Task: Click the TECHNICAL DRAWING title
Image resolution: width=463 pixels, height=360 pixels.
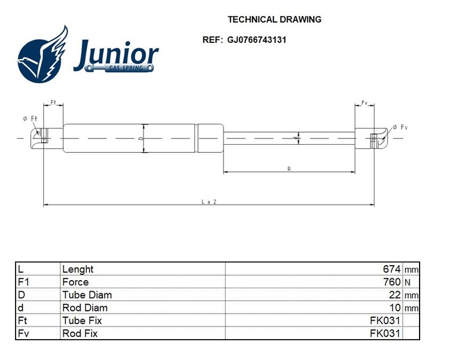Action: tap(274, 20)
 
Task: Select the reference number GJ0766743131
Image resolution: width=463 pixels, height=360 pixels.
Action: tap(256, 39)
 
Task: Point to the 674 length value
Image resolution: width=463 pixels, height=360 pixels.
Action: tap(392, 269)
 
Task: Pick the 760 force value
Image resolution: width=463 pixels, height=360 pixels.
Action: tap(392, 282)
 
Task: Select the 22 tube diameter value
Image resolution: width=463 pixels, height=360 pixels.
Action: tap(395, 295)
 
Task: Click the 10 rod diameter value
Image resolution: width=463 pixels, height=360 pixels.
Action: tap(395, 307)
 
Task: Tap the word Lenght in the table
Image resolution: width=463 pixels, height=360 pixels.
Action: tap(78, 269)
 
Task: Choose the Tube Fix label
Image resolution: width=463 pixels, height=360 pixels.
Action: tap(82, 321)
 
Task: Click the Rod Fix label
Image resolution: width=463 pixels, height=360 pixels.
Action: tap(80, 333)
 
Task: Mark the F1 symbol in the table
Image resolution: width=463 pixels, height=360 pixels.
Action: tap(23, 282)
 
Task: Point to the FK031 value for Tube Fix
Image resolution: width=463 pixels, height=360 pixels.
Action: tap(385, 321)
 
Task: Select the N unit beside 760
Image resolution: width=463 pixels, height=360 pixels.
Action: tap(407, 282)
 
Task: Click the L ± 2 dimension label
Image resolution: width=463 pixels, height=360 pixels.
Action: tap(209, 202)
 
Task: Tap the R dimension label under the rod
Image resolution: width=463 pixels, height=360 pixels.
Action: tap(289, 169)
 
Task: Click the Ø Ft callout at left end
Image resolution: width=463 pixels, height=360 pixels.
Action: tap(30, 119)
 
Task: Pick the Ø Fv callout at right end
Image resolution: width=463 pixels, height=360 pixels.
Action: tap(400, 127)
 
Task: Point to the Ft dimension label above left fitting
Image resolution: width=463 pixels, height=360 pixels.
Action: tap(53, 102)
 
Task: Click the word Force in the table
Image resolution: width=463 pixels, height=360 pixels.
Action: tap(75, 282)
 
